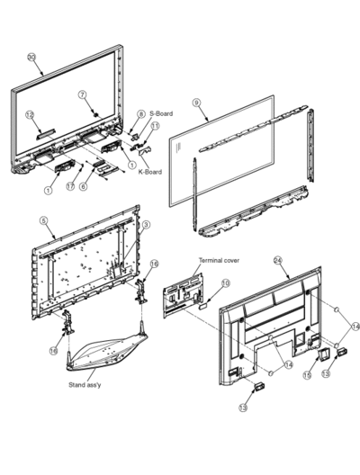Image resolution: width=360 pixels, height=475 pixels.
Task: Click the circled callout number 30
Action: tap(31, 57)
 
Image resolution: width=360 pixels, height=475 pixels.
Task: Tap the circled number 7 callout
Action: tap(83, 94)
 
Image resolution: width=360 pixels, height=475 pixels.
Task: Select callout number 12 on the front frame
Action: tap(30, 114)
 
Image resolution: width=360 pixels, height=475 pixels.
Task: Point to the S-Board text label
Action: tap(161, 113)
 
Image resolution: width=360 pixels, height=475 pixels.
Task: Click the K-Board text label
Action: tap(150, 172)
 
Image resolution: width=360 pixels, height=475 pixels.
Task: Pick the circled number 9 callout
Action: tap(197, 103)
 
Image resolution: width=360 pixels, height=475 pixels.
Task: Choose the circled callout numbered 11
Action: tap(155, 125)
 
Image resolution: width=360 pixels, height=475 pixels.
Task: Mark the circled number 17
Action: tap(70, 185)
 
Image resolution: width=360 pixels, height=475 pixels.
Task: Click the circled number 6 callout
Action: tap(84, 185)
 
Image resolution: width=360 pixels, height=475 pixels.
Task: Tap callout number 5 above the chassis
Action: tap(44, 220)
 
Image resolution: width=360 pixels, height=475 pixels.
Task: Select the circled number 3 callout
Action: tap(146, 225)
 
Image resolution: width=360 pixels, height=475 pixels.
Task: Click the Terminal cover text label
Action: tap(219, 260)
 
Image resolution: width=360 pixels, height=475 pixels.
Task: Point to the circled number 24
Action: tap(278, 260)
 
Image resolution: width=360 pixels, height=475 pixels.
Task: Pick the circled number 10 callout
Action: tap(226, 283)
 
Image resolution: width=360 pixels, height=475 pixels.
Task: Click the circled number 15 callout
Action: tap(307, 375)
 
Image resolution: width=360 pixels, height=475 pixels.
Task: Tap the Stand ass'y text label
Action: tap(85, 385)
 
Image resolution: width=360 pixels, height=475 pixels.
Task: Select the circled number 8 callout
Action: tap(140, 114)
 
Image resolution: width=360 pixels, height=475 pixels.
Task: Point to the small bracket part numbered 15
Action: tap(323, 354)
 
